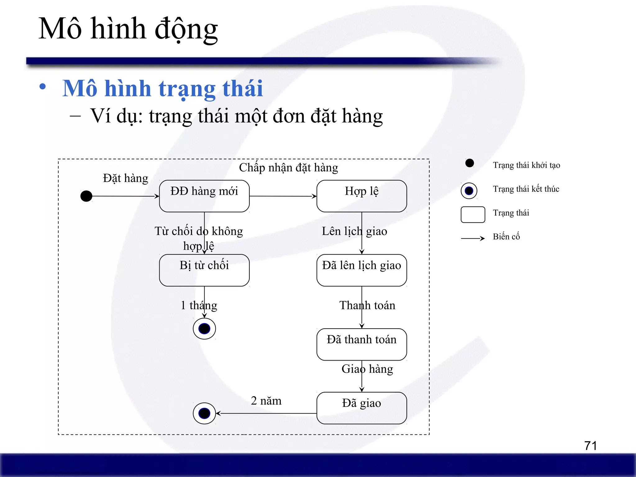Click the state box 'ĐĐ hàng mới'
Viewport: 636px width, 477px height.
tap(204, 196)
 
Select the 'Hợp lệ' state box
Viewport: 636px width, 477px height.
tap(361, 196)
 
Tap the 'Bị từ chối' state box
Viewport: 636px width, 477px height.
tap(204, 270)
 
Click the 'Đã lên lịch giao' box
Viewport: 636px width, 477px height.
tap(361, 270)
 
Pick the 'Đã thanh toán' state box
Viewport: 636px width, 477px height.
tap(361, 344)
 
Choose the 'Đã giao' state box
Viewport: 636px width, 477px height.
tap(361, 408)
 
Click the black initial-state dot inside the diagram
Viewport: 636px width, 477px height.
tap(86, 196)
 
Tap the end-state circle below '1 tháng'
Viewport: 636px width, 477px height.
tap(204, 329)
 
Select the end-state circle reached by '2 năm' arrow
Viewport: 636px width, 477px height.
tap(204, 413)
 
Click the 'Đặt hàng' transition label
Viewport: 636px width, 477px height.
tap(125, 179)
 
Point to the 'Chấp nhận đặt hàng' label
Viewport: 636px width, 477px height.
tap(288, 168)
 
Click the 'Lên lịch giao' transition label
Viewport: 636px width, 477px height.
tap(354, 231)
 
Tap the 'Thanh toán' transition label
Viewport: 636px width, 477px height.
tap(367, 306)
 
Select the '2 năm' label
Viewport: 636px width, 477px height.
tap(266, 401)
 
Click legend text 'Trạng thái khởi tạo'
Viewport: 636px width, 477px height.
tap(526, 165)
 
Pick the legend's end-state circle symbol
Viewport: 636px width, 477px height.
tap(469, 190)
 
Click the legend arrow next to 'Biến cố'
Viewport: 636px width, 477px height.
tap(473, 238)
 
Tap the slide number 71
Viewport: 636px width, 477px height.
tap(590, 446)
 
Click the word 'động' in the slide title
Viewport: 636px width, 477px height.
tap(186, 30)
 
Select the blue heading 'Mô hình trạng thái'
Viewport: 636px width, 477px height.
tap(162, 89)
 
